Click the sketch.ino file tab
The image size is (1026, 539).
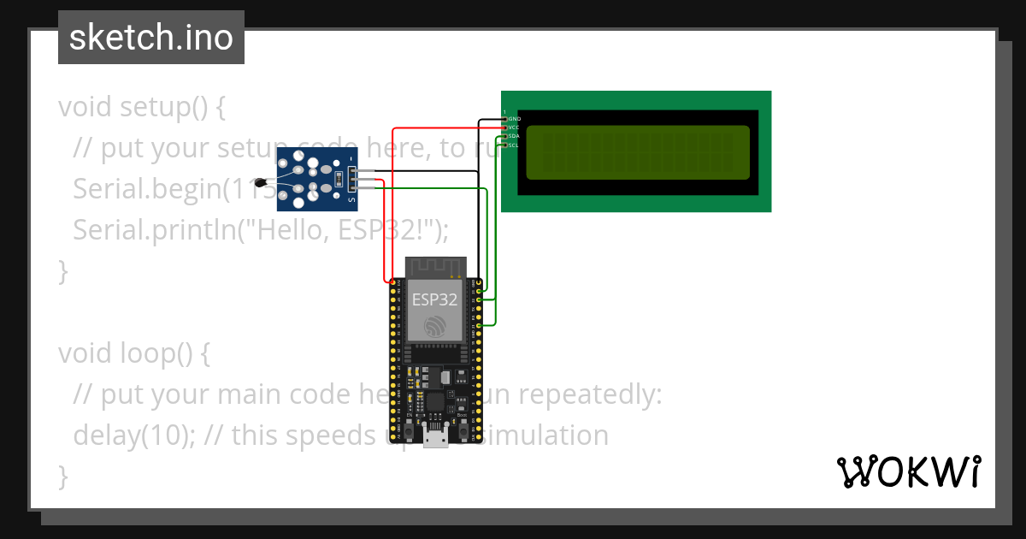pyautogui.click(x=151, y=38)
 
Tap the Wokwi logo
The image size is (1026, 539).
pyautogui.click(x=908, y=471)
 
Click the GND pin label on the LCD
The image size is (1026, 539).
pyautogui.click(x=515, y=118)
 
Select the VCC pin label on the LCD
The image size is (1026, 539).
pyautogui.click(x=514, y=127)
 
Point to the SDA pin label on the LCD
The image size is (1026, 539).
pyautogui.click(x=514, y=136)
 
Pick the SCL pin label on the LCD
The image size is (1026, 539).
pyautogui.click(x=514, y=145)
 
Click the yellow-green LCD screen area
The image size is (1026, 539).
pyautogui.click(x=637, y=152)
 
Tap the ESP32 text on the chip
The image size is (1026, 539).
pyautogui.click(x=434, y=299)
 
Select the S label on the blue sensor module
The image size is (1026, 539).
pyautogui.click(x=351, y=200)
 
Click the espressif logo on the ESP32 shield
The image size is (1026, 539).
pyautogui.click(x=435, y=325)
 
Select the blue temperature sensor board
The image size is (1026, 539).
pyautogui.click(x=316, y=179)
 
